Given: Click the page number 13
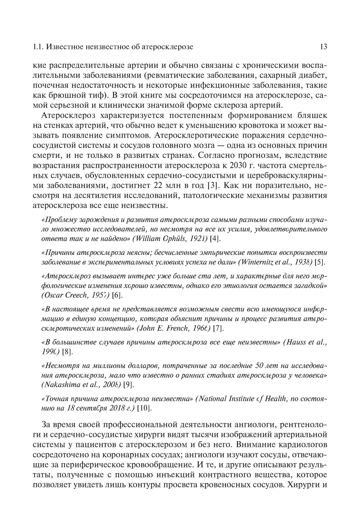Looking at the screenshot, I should click(323, 46).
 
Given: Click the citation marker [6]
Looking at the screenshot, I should click(117, 295).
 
